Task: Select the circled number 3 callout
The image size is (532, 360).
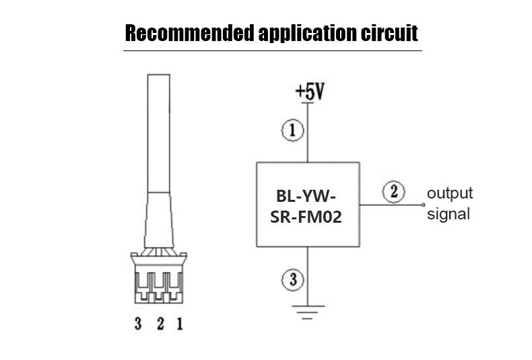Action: coord(292,279)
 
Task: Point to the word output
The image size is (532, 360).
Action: coord(451,194)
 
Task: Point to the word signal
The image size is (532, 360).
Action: coord(448,215)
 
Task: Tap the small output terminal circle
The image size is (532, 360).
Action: coord(424,204)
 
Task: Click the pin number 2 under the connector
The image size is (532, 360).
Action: coord(160,325)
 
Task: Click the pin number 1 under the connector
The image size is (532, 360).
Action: coord(180,325)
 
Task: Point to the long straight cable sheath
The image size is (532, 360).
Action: coord(158,135)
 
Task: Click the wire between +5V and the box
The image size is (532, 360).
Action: coord(308,145)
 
